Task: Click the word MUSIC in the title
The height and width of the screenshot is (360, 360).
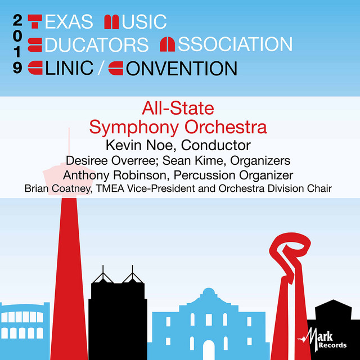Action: click(136, 22)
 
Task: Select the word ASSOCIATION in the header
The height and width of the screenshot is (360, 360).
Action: click(226, 44)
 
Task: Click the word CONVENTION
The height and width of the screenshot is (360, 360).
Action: click(172, 68)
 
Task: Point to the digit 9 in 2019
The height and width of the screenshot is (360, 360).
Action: click(17, 68)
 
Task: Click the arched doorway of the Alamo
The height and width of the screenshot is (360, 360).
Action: click(209, 349)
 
